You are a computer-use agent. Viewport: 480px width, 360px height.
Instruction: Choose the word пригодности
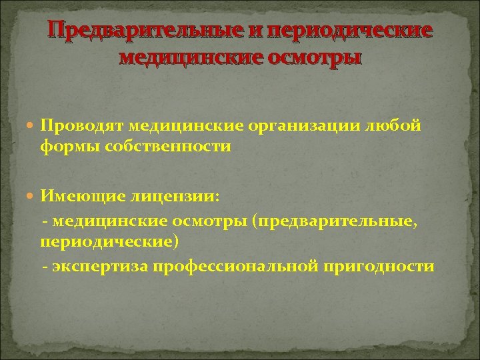[x=379, y=267]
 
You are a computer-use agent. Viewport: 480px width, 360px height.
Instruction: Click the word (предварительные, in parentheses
[x=335, y=220]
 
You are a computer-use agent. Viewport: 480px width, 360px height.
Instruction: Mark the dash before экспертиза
[x=45, y=267]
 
